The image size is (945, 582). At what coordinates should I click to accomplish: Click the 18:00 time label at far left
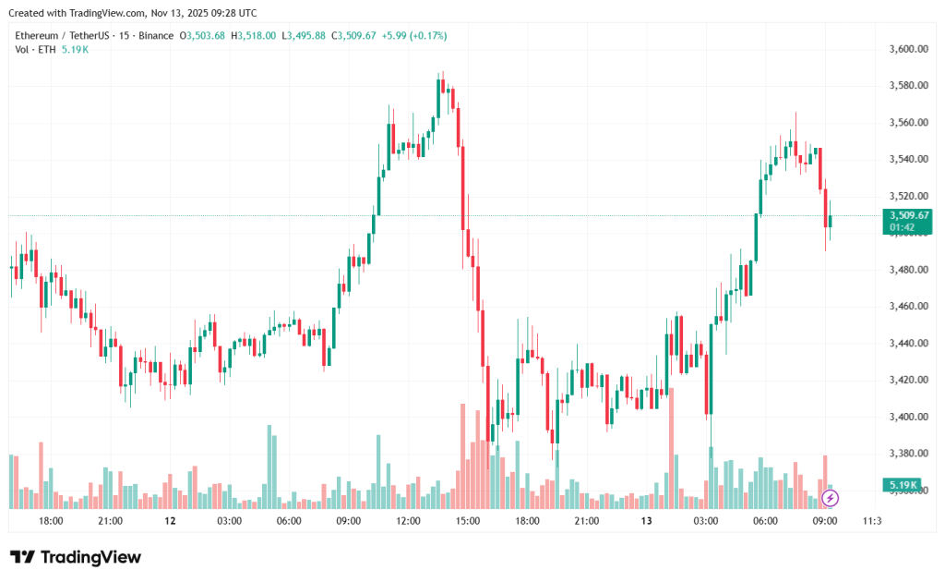click(51, 521)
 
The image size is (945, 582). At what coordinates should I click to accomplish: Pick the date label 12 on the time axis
click(170, 521)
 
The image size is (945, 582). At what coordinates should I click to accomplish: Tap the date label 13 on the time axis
click(647, 521)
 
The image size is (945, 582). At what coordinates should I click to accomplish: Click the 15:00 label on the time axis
click(468, 521)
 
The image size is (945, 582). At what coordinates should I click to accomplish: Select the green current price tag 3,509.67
click(909, 215)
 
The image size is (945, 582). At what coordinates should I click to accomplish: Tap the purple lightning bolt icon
click(831, 499)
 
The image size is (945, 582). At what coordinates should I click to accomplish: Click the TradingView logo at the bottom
click(76, 557)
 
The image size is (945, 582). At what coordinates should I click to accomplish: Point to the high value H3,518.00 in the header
click(253, 35)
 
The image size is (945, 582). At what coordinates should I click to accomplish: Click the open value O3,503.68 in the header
click(203, 35)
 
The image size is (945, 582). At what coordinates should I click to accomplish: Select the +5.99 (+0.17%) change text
click(413, 35)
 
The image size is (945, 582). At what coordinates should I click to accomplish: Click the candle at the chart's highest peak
click(443, 86)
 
